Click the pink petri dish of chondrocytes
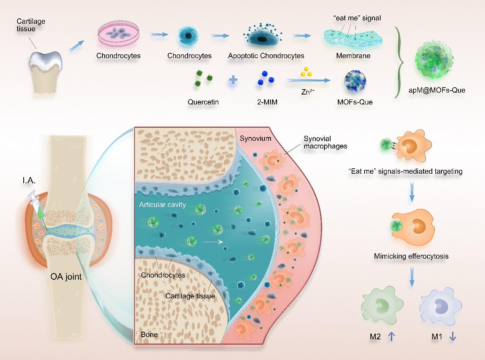118,34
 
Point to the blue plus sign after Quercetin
233,81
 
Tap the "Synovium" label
255,138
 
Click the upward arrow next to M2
391,336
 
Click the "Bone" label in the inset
149,334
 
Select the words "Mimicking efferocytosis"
411,256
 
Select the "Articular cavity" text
162,205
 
